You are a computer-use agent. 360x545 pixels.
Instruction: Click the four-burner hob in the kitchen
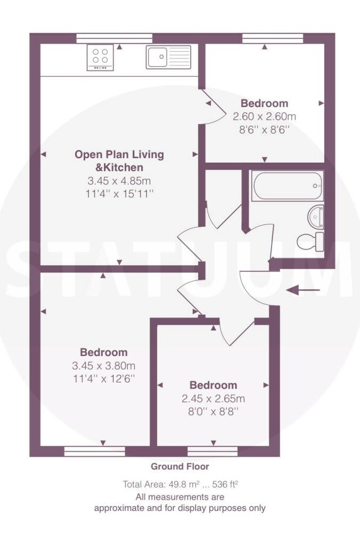[100, 58]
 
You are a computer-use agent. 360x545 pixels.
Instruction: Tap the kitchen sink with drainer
[168, 57]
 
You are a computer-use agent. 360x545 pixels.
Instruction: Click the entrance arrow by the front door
[304, 290]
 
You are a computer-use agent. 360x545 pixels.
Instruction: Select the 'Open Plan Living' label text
[119, 155]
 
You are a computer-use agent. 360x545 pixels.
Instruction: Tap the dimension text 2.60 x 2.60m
[264, 116]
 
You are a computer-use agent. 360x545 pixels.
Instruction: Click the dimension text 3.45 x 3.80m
[104, 366]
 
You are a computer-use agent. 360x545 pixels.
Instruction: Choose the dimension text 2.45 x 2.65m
[213, 399]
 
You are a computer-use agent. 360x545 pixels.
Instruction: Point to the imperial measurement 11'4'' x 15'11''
[119, 194]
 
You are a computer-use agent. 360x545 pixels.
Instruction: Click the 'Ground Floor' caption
[179, 467]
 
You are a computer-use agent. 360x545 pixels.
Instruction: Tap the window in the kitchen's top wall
[114, 38]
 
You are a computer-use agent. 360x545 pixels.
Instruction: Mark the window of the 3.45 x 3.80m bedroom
[94, 451]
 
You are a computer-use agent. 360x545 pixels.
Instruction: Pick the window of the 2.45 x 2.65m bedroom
[212, 451]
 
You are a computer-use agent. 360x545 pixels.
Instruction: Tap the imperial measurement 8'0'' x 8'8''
[213, 411]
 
